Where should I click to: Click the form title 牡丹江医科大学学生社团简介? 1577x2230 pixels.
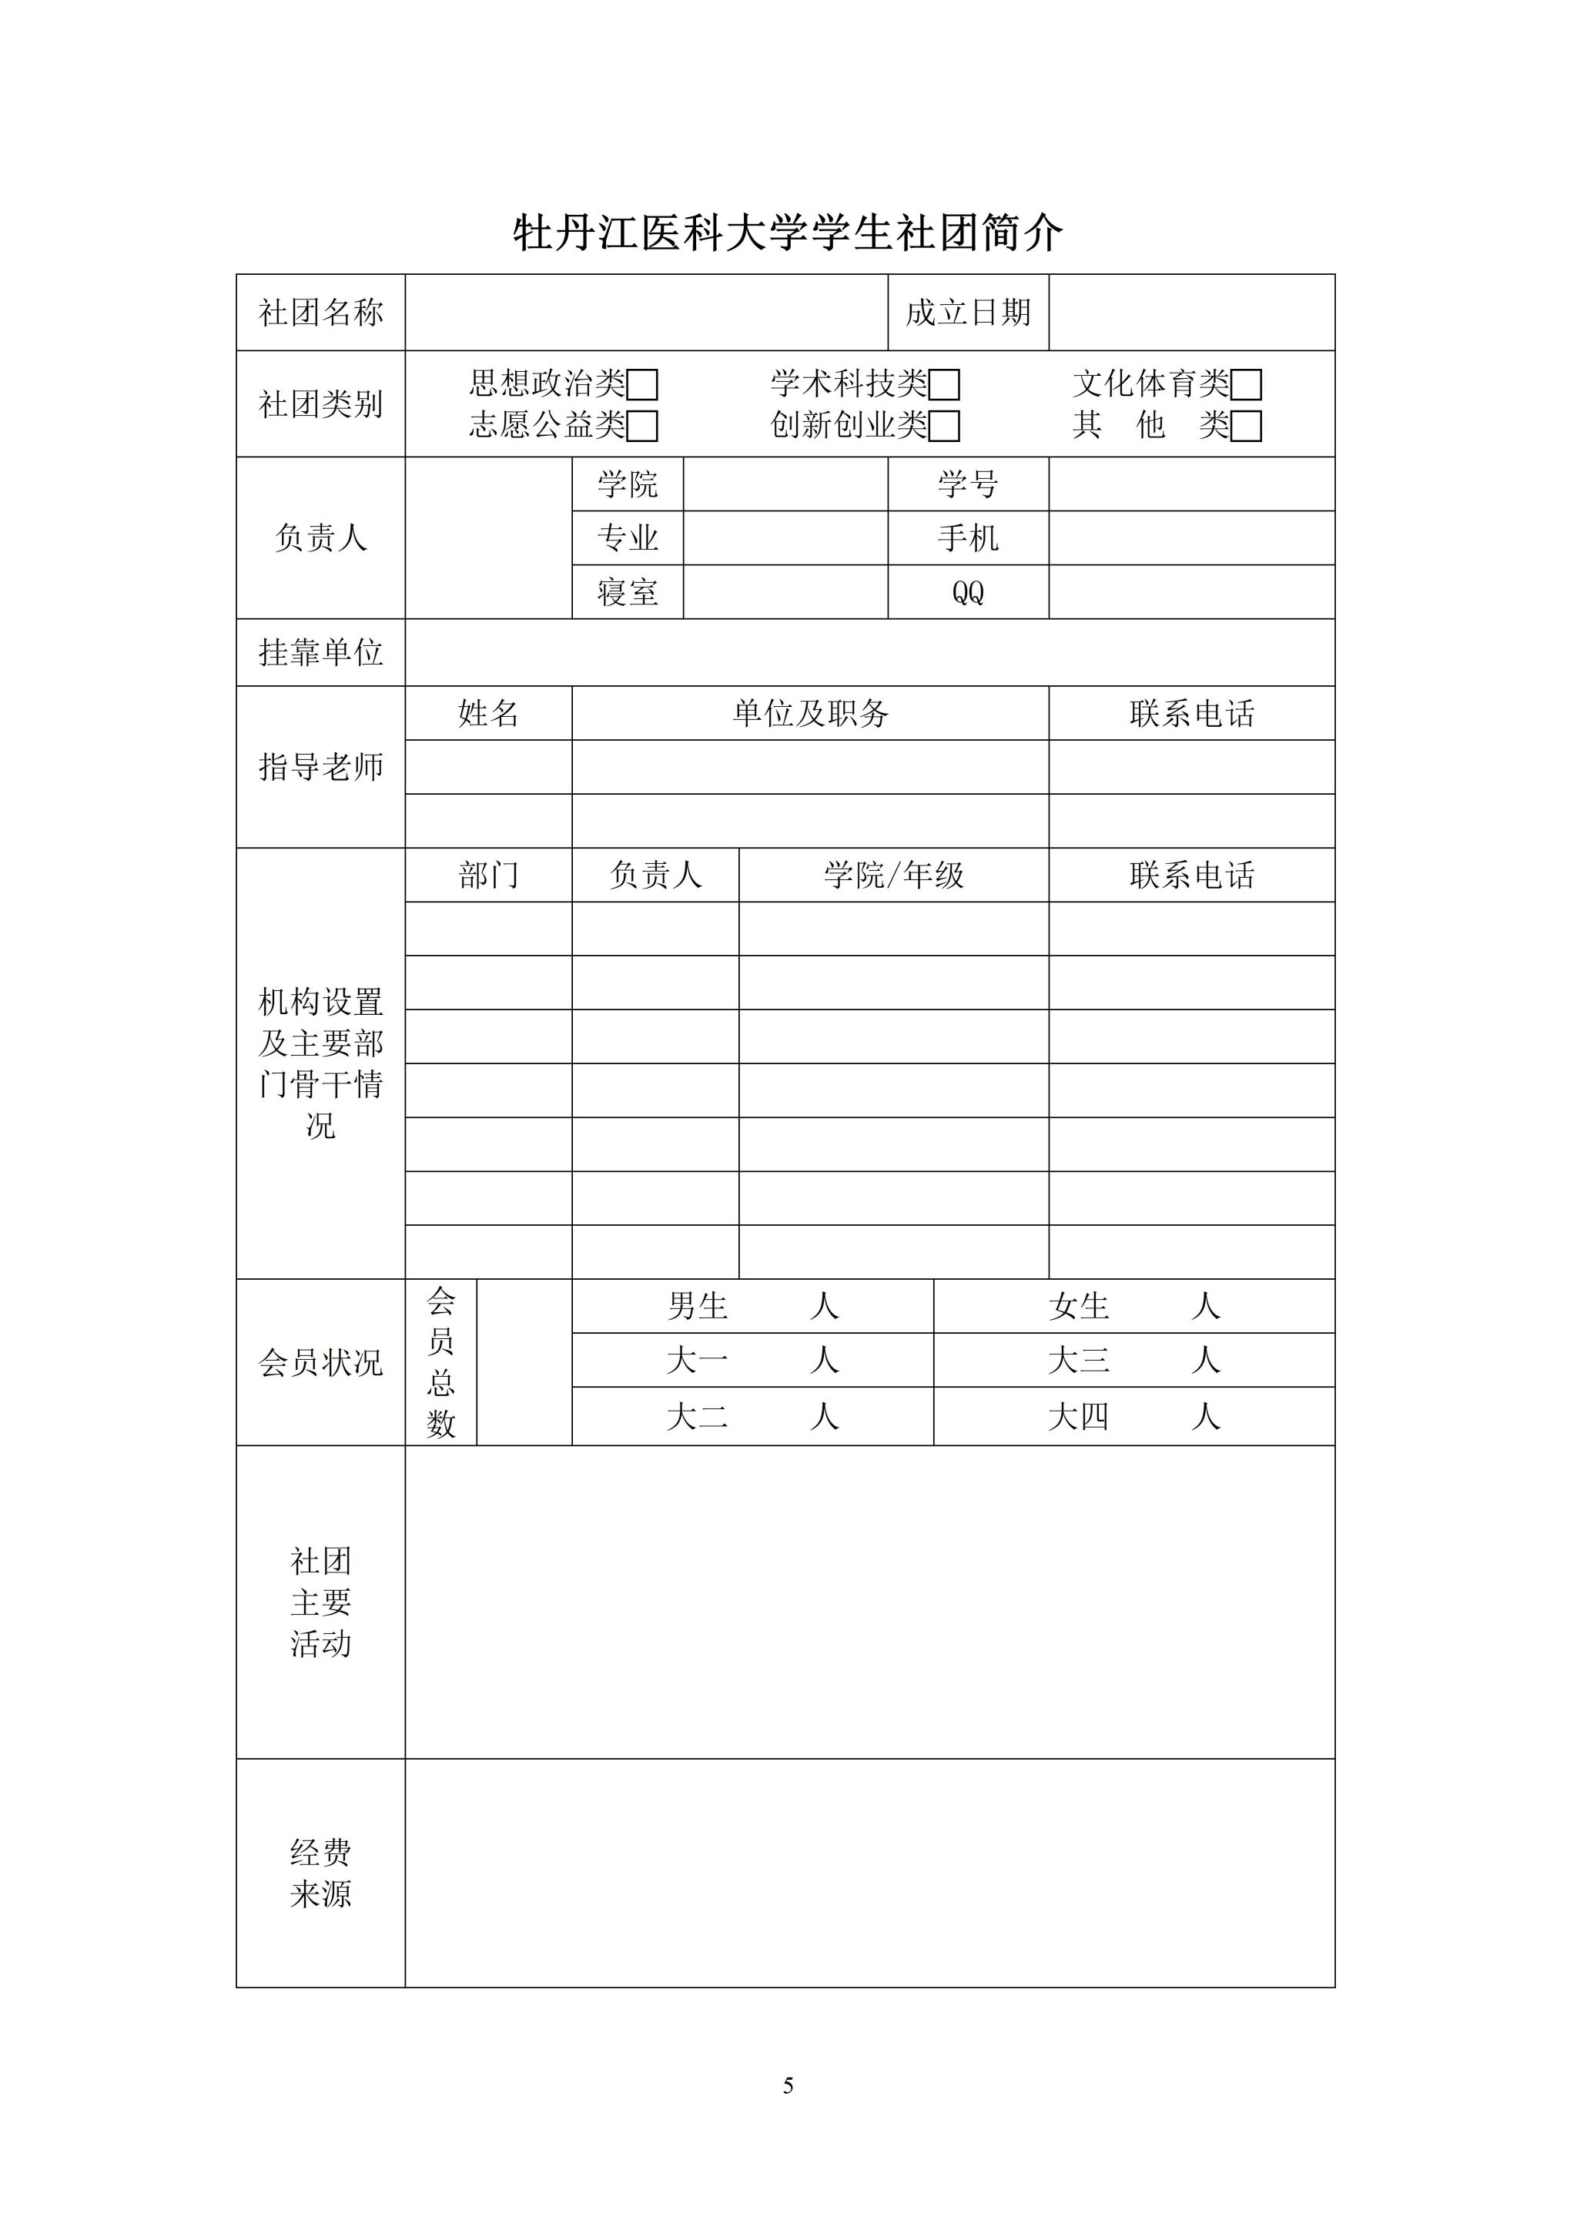[788, 233]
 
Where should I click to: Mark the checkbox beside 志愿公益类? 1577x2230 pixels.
[642, 427]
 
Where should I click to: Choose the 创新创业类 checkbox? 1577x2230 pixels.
[944, 427]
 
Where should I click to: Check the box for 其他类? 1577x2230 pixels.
[1246, 427]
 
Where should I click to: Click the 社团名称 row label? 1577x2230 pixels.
[320, 313]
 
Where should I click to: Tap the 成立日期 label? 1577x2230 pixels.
[967, 313]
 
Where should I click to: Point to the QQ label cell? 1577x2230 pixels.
[967, 592]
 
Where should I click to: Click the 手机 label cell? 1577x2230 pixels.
[967, 538]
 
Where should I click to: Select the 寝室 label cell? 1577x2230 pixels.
[628, 592]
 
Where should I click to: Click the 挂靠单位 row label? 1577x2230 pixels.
[320, 653]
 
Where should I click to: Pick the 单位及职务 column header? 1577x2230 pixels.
[810, 714]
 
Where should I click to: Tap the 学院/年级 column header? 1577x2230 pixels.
[893, 875]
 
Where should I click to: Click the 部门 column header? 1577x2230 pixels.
[487, 875]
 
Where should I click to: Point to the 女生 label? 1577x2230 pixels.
[1078, 1306]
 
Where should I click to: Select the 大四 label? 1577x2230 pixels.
[1078, 1417]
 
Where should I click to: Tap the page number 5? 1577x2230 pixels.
[788, 2086]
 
